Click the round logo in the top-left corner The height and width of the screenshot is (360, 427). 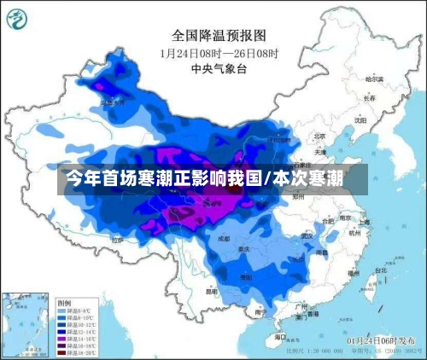20,19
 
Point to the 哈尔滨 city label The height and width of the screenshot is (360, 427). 375,79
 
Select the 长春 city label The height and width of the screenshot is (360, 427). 369,98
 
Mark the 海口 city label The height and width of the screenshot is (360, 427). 281,337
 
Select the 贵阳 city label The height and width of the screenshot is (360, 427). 246,277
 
